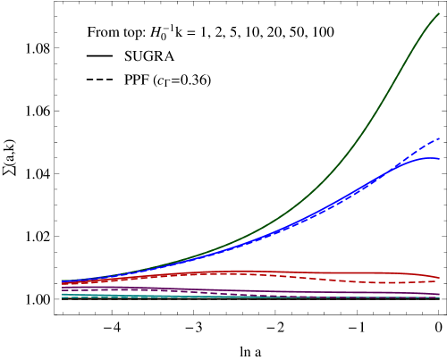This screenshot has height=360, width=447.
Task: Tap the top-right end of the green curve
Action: pos(439,13)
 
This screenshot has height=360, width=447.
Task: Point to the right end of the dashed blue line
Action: pos(439,138)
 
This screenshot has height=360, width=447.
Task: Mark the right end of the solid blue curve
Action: pos(439,159)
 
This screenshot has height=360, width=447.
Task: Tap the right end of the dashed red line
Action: pos(439,280)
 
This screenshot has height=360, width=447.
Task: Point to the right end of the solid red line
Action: pos(439,277)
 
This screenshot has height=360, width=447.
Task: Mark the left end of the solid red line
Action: pos(62,282)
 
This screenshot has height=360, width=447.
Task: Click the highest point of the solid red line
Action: pos(237,271)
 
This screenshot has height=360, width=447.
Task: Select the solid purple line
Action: pos(268,291)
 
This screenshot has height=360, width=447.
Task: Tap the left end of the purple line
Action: pos(62,288)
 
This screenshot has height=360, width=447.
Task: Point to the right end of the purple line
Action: pos(439,294)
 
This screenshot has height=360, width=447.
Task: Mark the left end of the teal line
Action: pos(62,294)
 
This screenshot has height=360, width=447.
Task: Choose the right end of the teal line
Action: pos(439,297)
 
